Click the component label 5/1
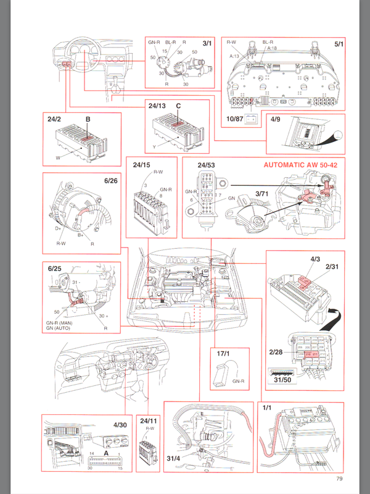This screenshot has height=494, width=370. tap(339, 44)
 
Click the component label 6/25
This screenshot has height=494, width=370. tap(55, 269)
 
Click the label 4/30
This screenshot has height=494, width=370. tap(121, 425)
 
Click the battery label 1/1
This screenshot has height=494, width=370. tap(267, 408)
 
